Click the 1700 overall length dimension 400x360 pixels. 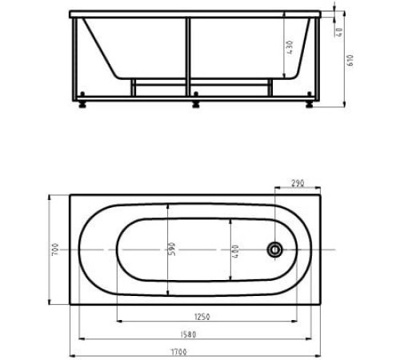click(x=178, y=352)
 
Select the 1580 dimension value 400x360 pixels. click(x=188, y=334)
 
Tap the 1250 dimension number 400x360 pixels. click(x=202, y=317)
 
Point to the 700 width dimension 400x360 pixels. click(x=55, y=250)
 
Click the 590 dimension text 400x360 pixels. click(x=172, y=249)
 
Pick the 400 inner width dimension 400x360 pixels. click(x=235, y=251)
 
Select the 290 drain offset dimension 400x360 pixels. click(x=298, y=183)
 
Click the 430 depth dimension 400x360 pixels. click(x=290, y=47)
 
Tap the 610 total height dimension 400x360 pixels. click(x=350, y=60)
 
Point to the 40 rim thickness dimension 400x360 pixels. click(x=339, y=32)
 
